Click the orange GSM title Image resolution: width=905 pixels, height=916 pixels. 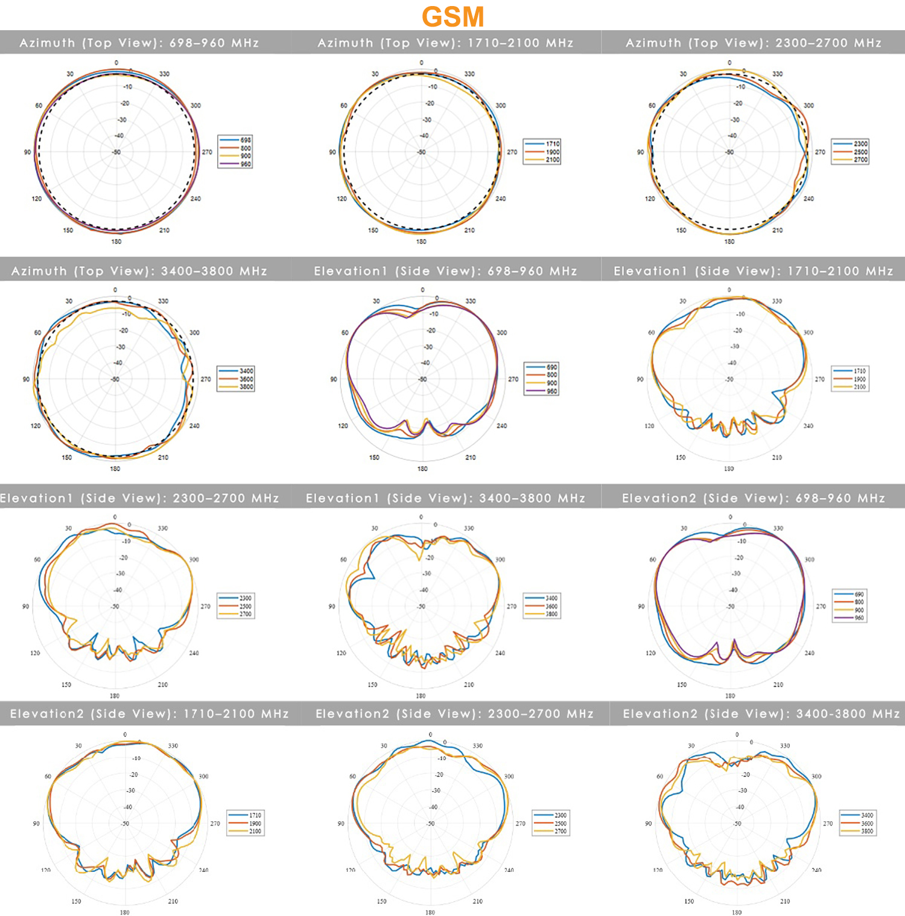coord(453,16)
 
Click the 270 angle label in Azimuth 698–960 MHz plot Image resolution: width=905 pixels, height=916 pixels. coord(207,152)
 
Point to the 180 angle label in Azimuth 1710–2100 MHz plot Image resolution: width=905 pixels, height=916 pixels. coord(421,242)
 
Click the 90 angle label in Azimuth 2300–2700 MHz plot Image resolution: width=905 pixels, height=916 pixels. coord(640,152)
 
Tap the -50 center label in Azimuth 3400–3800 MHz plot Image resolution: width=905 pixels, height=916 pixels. coord(115,379)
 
